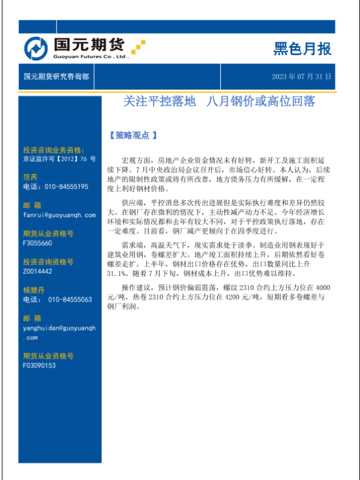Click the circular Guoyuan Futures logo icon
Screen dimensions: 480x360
tap(37, 49)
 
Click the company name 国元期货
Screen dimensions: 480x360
tap(88, 44)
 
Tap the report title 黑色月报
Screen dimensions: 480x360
tap(302, 49)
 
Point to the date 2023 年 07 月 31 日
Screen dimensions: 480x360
tap(301, 77)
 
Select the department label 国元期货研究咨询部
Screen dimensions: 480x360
tap(56, 77)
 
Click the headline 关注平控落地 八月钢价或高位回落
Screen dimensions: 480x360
tap(218, 101)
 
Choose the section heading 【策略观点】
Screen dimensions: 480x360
tap(133, 136)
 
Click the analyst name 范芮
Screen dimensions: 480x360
tap(30, 177)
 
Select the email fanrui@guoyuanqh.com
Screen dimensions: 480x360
tap(59, 214)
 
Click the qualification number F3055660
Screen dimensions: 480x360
tap(37, 243)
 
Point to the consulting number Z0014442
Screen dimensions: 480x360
tap(37, 271)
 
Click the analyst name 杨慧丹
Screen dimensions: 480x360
tap(34, 290)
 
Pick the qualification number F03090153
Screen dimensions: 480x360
tap(39, 365)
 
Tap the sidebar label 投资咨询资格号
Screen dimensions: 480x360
tap(48, 262)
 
